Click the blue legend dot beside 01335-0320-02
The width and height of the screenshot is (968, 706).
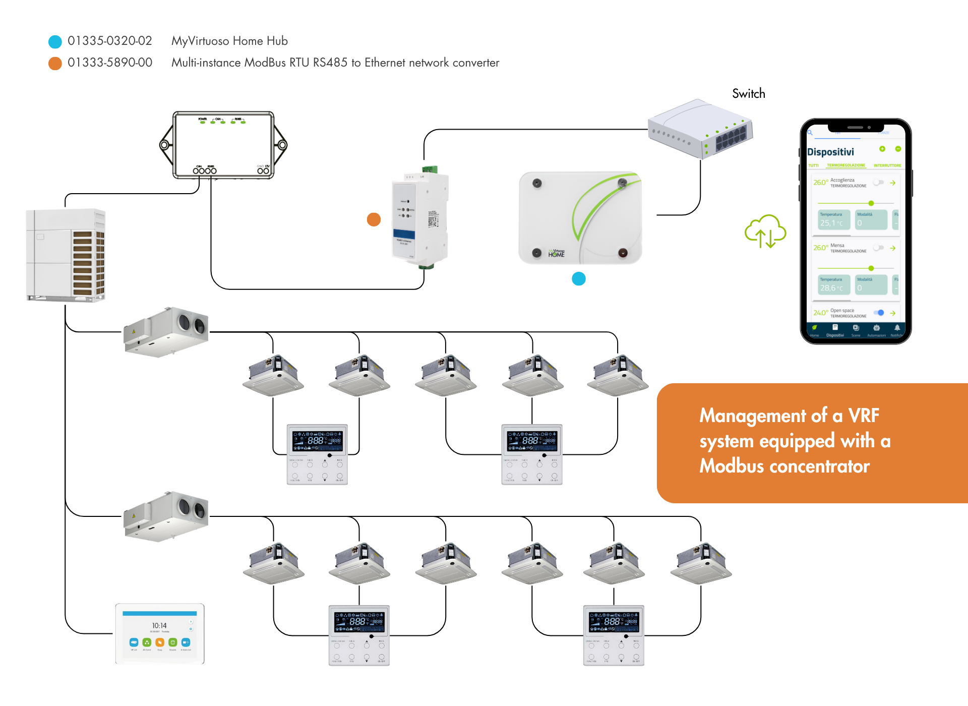pos(55,41)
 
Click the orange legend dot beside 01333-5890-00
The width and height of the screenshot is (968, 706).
pos(55,63)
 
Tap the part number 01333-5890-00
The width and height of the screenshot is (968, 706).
pos(110,63)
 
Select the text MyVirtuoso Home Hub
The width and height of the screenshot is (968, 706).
pos(229,41)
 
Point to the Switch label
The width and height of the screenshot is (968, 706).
pos(748,93)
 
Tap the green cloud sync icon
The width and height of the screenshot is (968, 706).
pos(765,231)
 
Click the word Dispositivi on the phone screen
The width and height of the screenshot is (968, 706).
pos(830,152)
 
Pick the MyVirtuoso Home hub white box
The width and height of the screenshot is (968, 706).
pos(580,217)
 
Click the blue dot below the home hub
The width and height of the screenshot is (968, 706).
pos(579,279)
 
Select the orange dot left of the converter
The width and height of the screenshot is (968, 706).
pos(374,219)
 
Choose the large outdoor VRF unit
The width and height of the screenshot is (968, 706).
pos(66,255)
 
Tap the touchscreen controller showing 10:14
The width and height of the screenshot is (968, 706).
pos(160,633)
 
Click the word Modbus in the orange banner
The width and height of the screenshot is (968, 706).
pos(732,466)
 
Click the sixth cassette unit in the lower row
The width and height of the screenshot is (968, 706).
pos(701,563)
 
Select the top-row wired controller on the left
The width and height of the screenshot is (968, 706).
pos(317,454)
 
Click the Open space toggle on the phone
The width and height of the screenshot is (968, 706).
pos(879,313)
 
